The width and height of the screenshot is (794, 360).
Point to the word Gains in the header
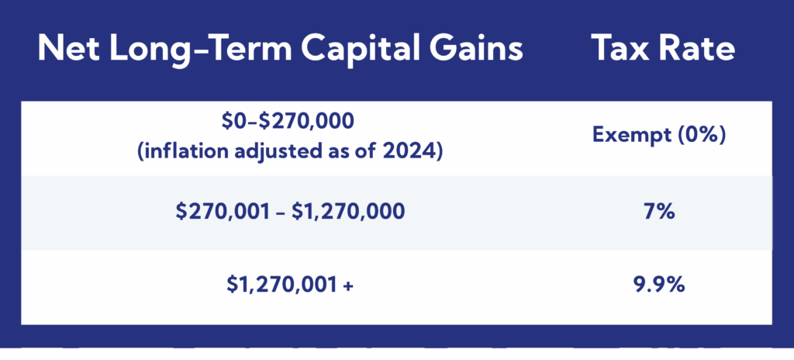coord(474,50)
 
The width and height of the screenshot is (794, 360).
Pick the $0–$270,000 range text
coord(278,122)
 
